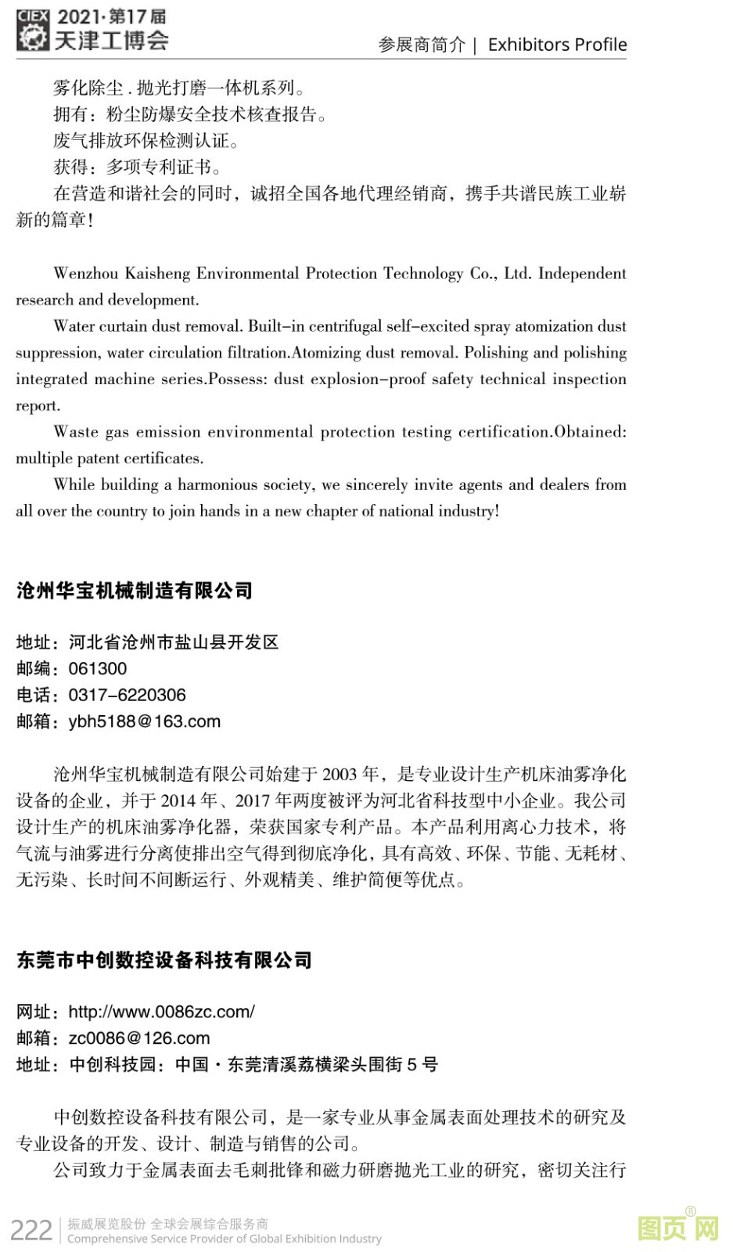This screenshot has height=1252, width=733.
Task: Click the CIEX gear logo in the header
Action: point(33,31)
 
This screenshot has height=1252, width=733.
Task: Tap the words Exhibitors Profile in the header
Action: point(557,45)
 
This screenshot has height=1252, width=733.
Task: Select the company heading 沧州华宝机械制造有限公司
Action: point(135,591)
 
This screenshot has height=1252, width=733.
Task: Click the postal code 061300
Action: point(98,669)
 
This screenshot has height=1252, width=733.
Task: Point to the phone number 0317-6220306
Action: point(128,695)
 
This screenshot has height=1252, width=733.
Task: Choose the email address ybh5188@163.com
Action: point(145,721)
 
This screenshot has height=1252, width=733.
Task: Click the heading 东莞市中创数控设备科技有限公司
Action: point(164,960)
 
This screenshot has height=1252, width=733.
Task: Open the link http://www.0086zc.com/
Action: point(162,1012)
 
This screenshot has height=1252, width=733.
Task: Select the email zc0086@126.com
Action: point(139,1038)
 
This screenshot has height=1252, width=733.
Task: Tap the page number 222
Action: point(31,1230)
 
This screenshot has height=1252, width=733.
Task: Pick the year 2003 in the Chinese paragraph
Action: point(339,775)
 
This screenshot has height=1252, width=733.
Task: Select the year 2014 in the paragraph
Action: point(178,801)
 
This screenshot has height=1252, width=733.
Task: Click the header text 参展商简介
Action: point(422,45)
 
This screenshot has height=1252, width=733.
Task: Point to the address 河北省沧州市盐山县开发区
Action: point(174,642)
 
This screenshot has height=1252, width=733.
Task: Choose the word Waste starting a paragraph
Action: point(76,432)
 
